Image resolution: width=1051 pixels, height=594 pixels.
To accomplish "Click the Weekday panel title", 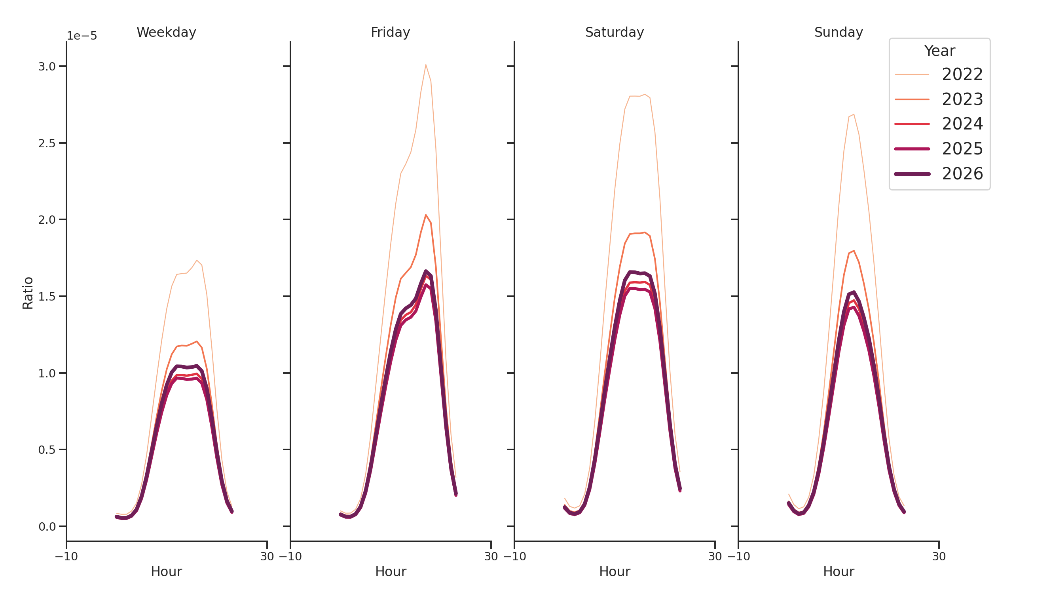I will (166, 32).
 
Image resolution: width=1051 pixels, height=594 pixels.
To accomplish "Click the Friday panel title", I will (390, 32).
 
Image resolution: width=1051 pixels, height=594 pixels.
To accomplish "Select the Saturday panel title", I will (614, 32).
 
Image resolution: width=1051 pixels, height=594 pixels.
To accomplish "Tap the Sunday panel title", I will (838, 32).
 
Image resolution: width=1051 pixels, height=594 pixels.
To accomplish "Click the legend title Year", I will (939, 51).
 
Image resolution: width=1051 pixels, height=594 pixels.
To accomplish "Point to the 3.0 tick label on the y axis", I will (47, 67).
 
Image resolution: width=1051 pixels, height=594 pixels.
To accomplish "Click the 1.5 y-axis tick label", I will (47, 296).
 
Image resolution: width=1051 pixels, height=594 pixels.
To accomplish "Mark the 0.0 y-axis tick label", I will (47, 527).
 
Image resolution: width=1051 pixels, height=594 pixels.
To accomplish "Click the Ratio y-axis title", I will (28, 293).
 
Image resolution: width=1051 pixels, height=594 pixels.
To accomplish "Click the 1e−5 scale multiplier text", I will (82, 36).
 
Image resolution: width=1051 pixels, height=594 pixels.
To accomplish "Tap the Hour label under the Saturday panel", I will (614, 571).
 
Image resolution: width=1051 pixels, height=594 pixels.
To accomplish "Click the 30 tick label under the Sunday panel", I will (938, 556).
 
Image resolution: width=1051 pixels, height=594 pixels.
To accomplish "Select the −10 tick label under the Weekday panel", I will (66, 556).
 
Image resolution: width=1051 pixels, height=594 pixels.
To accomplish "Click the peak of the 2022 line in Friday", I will (425, 65).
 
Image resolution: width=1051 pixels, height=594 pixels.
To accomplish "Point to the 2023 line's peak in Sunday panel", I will (854, 251).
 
